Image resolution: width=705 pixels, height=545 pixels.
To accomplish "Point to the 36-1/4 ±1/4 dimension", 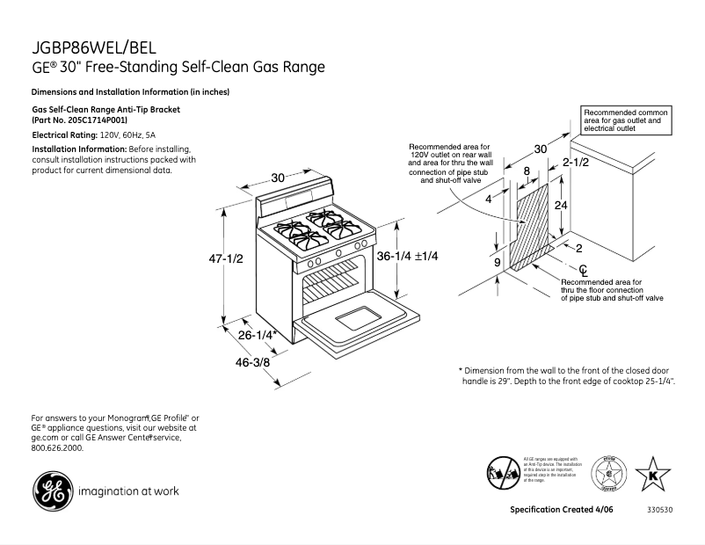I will [x=407, y=255].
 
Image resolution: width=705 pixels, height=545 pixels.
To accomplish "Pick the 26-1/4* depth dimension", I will [x=257, y=335].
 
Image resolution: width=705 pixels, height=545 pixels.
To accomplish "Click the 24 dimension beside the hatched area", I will [x=559, y=205].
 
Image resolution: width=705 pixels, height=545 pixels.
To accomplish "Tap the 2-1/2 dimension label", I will [x=576, y=163].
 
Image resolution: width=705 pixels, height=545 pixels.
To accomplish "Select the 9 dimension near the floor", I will [x=497, y=261].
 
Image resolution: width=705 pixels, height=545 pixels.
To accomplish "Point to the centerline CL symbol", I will [x=583, y=268].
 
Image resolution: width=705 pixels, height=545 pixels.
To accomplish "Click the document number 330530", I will [x=658, y=510].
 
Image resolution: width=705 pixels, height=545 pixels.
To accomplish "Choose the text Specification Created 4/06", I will [x=563, y=510].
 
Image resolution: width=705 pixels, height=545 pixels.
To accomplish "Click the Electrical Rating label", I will [x=63, y=135].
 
